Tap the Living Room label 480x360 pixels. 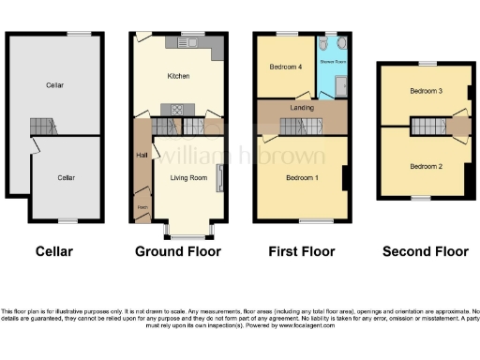pos(187,175)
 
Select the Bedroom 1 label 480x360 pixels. pos(302,176)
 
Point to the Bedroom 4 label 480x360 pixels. pos(286,67)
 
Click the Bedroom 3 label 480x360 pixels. pos(426,91)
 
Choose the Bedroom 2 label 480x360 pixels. pos(426,166)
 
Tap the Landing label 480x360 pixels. pos(302,108)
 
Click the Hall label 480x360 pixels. pos(142,155)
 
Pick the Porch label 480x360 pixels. pos(142,206)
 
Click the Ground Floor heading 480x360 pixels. pos(178,251)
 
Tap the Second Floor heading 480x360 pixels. pos(426,251)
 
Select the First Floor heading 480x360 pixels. pos(301,251)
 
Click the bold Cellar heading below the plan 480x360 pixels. pos(53,251)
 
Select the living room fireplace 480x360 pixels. pos(220,178)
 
